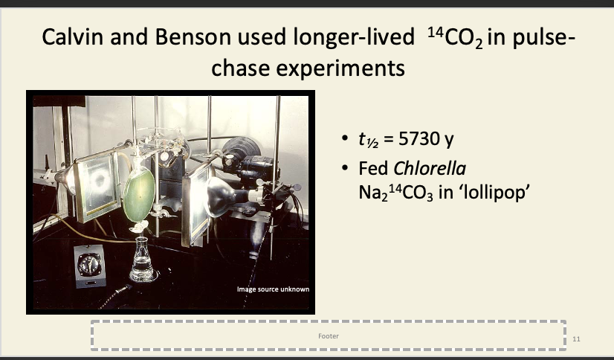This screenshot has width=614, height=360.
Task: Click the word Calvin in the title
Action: (x=74, y=37)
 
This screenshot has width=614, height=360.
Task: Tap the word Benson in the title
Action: (x=187, y=37)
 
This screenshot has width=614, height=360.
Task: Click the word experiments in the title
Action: (x=340, y=68)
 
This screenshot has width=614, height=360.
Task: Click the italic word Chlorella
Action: (x=430, y=169)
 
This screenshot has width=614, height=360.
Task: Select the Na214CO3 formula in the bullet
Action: (x=396, y=193)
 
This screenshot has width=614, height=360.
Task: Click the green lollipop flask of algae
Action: (x=138, y=193)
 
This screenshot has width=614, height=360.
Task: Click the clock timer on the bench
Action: (x=90, y=266)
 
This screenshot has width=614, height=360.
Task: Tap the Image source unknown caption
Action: (x=273, y=289)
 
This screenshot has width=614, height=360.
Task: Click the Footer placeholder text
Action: (x=329, y=335)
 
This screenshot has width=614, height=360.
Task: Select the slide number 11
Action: (x=576, y=339)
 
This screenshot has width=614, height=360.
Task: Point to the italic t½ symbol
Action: (x=368, y=139)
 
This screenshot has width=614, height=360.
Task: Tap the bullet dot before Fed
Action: (x=345, y=168)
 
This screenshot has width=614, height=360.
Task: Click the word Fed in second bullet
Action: (x=373, y=169)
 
